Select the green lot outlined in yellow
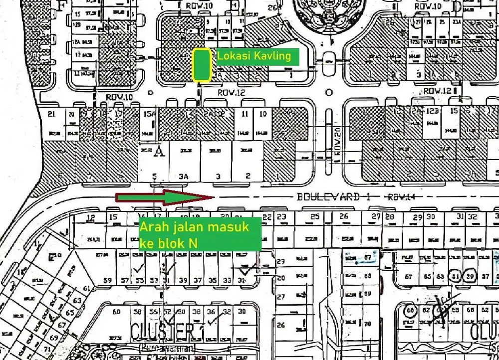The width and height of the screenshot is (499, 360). pyautogui.click(x=202, y=65)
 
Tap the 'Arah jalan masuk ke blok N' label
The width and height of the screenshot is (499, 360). pyautogui.click(x=199, y=234)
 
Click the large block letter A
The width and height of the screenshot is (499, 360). pyautogui.click(x=159, y=150)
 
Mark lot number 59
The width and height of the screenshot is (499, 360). pyautogui.click(x=107, y=280)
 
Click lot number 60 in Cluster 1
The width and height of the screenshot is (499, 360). pyautogui.click(x=117, y=312)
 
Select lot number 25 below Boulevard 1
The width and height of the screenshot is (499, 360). pyautogui.click(x=314, y=216)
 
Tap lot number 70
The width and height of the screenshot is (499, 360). pyautogui.click(x=368, y=324)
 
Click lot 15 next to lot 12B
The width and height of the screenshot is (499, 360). pyautogui.click(x=454, y=111)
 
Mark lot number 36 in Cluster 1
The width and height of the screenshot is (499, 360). pyautogui.click(x=211, y=312)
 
